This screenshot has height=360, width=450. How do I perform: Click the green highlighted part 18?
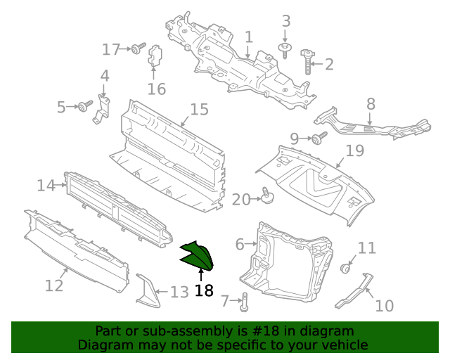(x=197, y=255)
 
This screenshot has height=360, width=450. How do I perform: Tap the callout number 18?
(x=203, y=290)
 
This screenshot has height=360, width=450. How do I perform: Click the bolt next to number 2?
(x=308, y=61)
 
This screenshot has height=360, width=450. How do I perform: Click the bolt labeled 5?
(x=85, y=106)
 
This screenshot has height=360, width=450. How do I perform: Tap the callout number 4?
(x=104, y=76)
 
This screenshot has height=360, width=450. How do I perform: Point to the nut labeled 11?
(x=346, y=269)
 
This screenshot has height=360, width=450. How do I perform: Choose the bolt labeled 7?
(x=243, y=303)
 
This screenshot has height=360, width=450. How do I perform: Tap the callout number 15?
(x=200, y=109)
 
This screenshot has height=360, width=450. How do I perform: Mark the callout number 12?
(x=54, y=285)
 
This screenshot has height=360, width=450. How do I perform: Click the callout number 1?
(x=248, y=37)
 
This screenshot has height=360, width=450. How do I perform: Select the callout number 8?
(x=371, y=104)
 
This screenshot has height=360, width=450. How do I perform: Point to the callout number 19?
(x=354, y=150)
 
